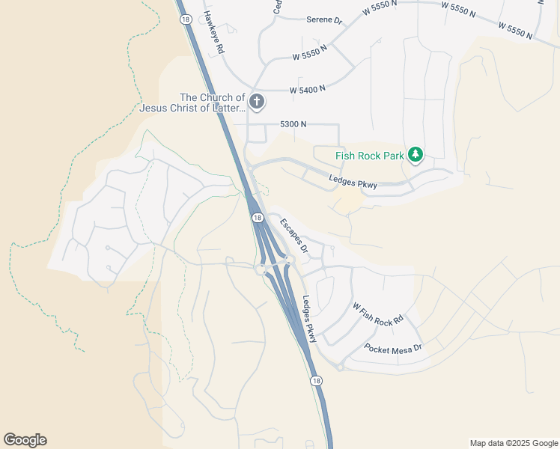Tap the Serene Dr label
pos(324,20)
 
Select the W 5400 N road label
pos(308,89)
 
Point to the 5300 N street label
pos(293,124)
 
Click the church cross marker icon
pos(257,101)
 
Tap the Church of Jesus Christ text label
pos(192,103)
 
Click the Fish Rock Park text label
pos(370,156)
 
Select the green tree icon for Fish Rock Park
pos(416,156)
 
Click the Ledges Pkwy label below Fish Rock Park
pos(353,180)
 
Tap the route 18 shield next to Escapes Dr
pos(258,217)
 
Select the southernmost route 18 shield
pos(317,381)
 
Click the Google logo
pos(25,440)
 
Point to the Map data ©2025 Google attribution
pos(513,443)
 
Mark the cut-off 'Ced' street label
pos(277,7)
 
